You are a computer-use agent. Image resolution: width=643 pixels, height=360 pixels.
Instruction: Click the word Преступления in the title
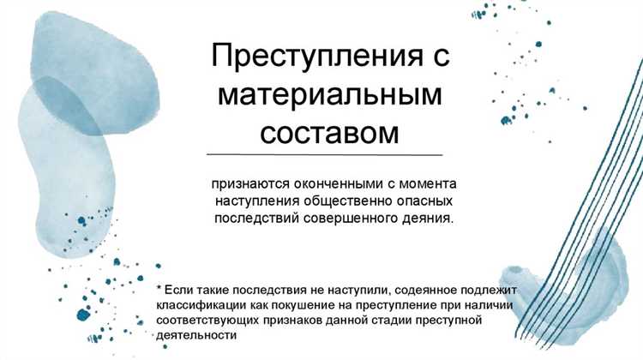[297, 57]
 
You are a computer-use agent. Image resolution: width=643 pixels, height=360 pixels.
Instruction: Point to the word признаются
[248, 184]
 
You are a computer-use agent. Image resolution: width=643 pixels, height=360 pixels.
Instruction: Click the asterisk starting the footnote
[159, 289]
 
